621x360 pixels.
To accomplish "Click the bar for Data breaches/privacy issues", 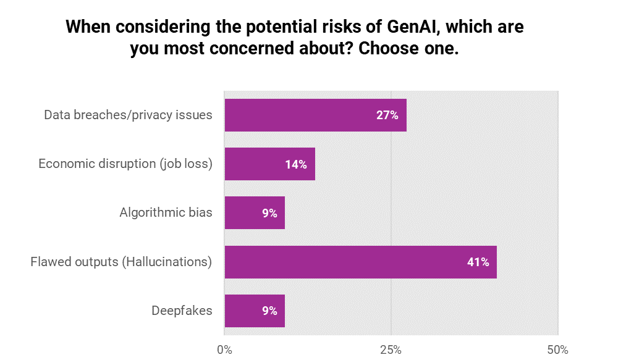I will point(315,115).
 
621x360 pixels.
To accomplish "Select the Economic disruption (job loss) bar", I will point(269,164).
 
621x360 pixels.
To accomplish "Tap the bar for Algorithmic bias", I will point(255,213).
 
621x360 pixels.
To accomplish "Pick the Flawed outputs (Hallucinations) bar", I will point(360,262).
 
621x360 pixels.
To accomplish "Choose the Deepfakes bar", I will point(255,311).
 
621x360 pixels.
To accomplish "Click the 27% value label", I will point(387,115).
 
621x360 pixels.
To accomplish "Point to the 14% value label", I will point(296,164).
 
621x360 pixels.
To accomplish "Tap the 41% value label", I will point(478,262).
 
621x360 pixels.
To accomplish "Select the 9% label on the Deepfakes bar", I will point(269,311).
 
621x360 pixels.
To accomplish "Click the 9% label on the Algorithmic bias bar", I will point(269,214).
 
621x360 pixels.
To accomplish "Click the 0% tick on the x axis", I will point(224,350).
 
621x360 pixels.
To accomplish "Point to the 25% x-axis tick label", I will point(391,350).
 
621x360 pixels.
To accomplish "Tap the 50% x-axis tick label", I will point(557,350).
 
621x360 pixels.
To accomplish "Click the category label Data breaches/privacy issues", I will point(128,115).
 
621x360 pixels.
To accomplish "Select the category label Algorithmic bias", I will point(166,213).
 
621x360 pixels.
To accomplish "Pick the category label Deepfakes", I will point(182,311).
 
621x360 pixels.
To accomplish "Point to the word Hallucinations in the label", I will point(166,262).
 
